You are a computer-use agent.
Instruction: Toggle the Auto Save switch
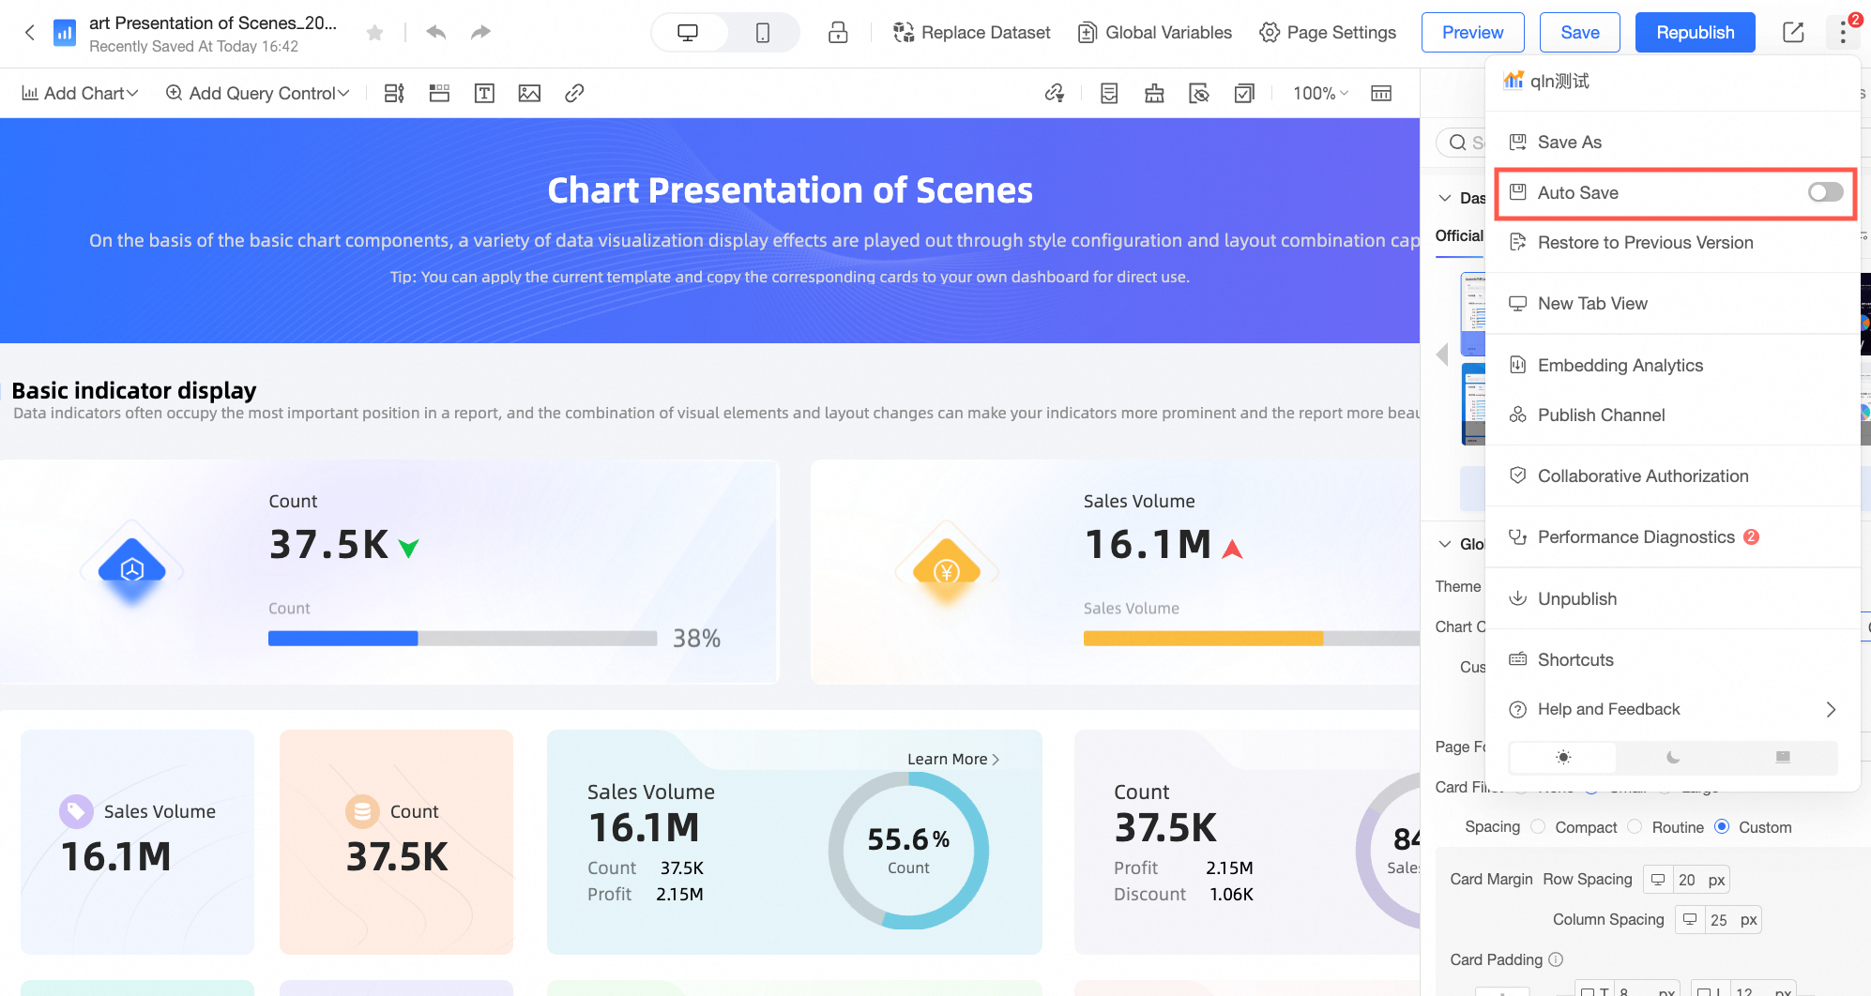tap(1825, 192)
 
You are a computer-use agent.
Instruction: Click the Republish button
tap(1695, 33)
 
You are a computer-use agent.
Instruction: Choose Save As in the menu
tap(1569, 143)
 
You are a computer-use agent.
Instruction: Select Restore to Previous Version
tap(1645, 243)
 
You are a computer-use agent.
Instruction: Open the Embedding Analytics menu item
tap(1620, 366)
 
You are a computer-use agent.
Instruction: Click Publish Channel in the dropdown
tap(1601, 415)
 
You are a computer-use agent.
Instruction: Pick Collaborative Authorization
tap(1642, 476)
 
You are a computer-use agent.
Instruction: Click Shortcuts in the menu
tap(1574, 660)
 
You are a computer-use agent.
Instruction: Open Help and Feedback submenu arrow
tap(1831, 710)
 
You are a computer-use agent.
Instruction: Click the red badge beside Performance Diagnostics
tap(1751, 537)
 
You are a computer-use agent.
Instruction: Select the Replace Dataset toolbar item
tap(971, 33)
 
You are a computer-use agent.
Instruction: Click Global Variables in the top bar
tap(1155, 33)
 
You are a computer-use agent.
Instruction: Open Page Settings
tap(1328, 33)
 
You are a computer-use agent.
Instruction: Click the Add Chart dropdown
tap(81, 94)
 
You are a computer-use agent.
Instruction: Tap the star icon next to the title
tap(374, 34)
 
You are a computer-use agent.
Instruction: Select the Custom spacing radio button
tap(1722, 827)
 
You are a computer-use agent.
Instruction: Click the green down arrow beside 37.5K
tap(409, 548)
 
